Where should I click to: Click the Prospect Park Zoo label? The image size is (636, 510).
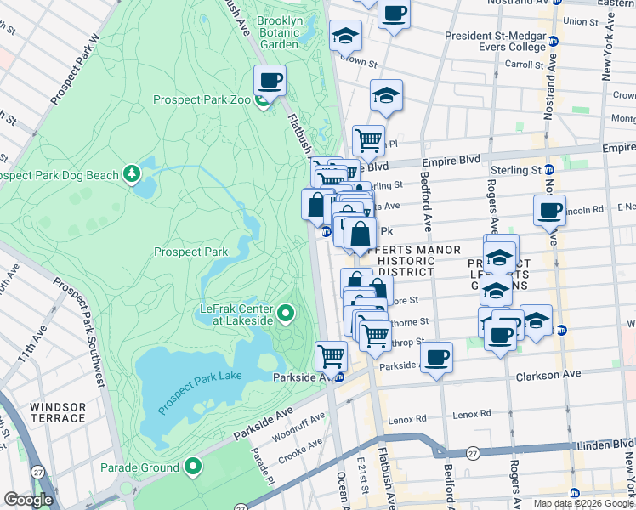(202, 99)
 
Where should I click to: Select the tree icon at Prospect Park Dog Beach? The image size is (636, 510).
(131, 174)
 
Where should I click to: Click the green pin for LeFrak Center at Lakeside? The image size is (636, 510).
(286, 314)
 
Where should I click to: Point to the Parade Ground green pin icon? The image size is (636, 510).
(193, 467)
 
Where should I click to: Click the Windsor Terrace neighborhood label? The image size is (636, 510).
(58, 412)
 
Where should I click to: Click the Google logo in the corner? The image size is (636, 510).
(28, 500)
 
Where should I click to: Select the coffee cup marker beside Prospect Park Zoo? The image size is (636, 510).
(270, 82)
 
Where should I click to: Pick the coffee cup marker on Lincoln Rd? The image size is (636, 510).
(549, 210)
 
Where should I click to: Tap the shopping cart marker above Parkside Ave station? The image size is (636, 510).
(331, 355)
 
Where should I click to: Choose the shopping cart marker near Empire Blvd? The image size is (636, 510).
(368, 140)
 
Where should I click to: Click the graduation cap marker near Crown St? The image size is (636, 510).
(345, 36)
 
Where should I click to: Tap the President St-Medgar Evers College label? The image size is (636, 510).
(495, 42)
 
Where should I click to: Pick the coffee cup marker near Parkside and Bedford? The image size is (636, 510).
(436, 357)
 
